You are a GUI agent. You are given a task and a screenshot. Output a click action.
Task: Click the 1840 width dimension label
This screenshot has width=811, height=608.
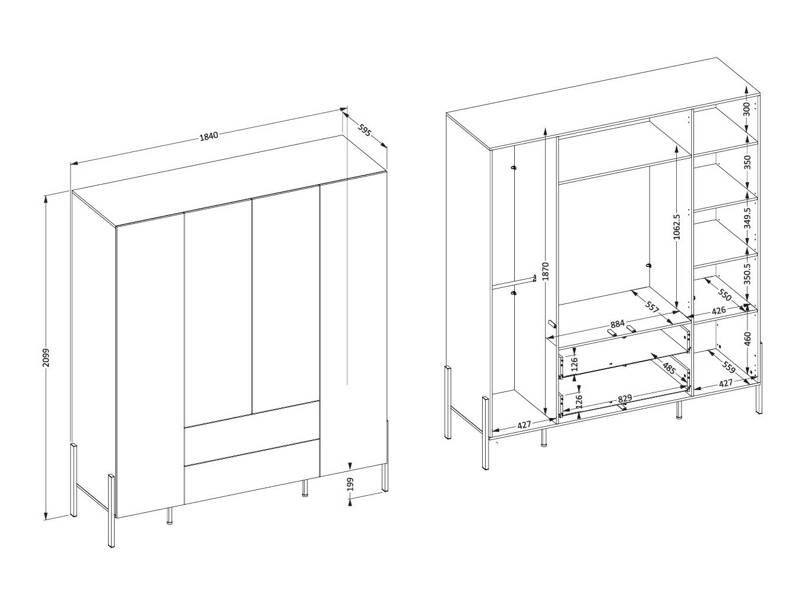point(209,135)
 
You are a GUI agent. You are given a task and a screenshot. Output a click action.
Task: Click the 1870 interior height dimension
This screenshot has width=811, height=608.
point(546,272)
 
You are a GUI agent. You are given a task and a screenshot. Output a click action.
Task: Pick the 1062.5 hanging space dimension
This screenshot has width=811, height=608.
point(676,226)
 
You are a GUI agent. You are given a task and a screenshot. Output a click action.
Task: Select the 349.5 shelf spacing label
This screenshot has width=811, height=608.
point(747,217)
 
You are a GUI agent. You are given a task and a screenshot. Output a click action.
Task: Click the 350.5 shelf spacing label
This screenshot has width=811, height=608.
point(747,274)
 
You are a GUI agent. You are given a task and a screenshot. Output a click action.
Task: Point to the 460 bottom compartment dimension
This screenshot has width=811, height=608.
point(747,338)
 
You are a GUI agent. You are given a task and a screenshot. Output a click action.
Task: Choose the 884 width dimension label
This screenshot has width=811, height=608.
point(617,324)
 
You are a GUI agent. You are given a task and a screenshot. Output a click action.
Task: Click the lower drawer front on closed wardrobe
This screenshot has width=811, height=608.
point(251,472)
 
